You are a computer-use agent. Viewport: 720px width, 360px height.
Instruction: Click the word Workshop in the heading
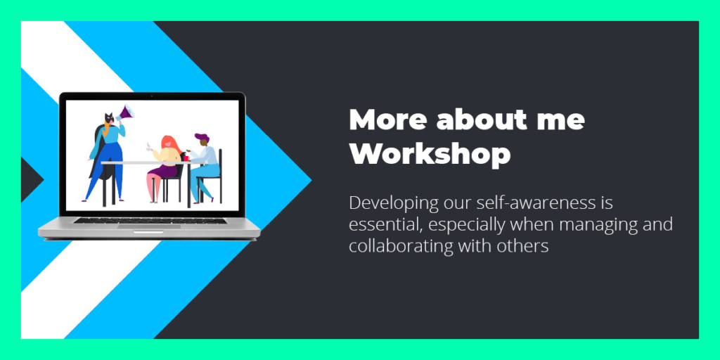pyautogui.click(x=430, y=155)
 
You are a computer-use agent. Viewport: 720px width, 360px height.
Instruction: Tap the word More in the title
pyautogui.click(x=388, y=120)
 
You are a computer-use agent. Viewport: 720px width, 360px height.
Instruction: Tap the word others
pyautogui.click(x=523, y=246)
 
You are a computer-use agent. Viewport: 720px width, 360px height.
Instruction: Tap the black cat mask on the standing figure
pyautogui.click(x=109, y=117)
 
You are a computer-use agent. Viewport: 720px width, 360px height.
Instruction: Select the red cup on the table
pyautogui.click(x=186, y=157)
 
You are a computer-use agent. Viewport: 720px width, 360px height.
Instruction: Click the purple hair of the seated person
pyautogui.click(x=202, y=137)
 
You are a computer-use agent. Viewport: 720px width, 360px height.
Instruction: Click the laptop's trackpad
pyautogui.click(x=149, y=226)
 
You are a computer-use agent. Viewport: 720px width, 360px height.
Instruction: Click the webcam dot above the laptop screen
pyautogui.click(x=152, y=96)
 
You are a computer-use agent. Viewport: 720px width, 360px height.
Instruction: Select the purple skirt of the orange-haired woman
pyautogui.click(x=163, y=171)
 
